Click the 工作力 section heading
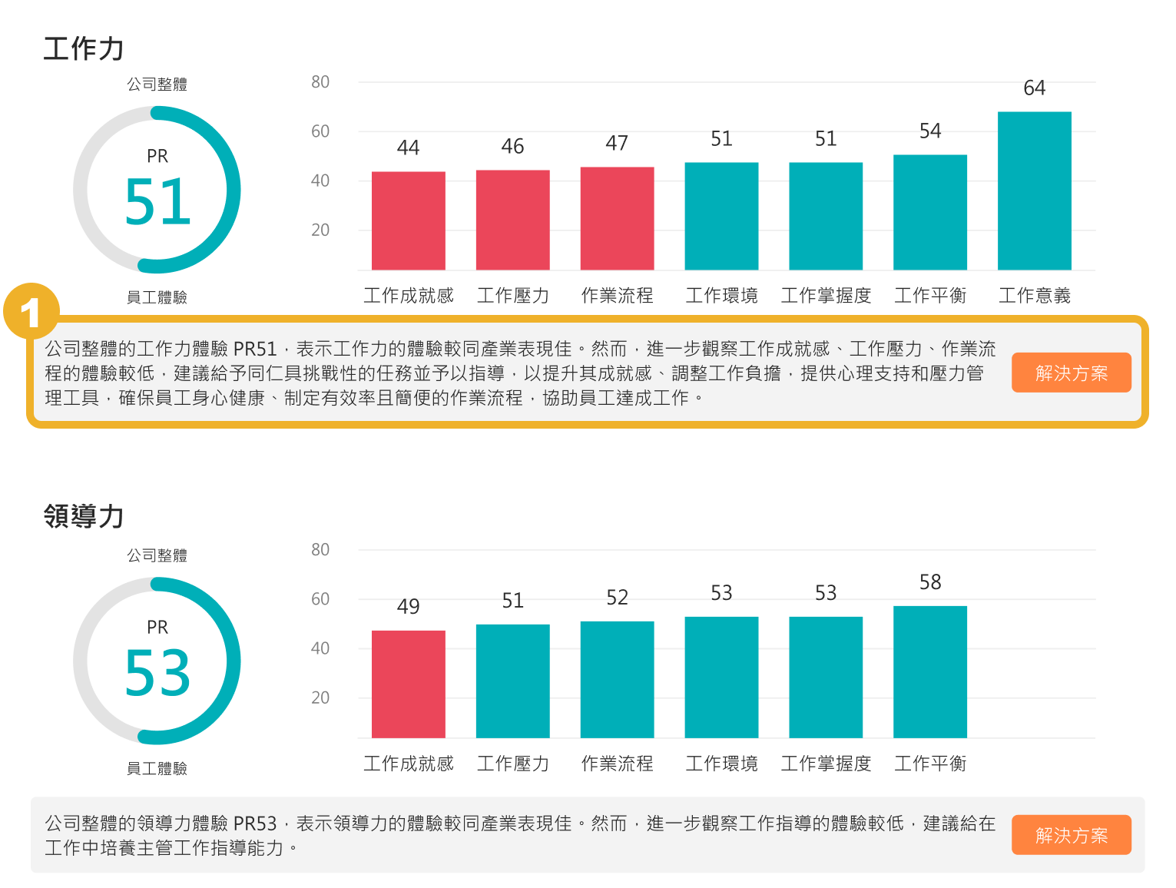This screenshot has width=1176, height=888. (84, 48)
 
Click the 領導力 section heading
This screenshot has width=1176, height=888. (84, 516)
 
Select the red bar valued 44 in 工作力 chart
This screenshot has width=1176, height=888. (408, 220)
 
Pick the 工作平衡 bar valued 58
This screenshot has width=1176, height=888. (929, 671)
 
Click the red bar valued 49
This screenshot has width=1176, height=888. (408, 684)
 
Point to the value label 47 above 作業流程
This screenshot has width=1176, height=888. (617, 144)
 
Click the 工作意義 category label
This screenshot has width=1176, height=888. (1034, 296)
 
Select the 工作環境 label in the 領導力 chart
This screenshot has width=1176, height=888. (721, 764)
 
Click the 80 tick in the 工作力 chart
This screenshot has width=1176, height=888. (320, 82)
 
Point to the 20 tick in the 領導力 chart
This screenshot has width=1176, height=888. (320, 697)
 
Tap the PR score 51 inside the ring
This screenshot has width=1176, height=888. (157, 202)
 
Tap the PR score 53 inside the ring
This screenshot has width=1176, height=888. (157, 673)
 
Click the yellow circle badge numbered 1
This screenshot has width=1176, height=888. (31, 312)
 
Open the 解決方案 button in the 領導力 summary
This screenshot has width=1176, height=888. (1071, 835)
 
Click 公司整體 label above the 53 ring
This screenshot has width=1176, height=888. (157, 555)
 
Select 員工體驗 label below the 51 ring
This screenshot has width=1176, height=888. (157, 297)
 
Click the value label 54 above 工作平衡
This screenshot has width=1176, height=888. (929, 131)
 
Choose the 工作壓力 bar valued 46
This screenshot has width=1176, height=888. (512, 220)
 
